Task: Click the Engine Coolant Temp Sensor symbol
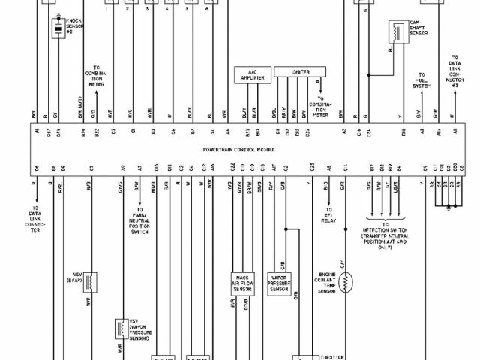click(347, 282)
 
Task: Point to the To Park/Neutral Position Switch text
click(140, 222)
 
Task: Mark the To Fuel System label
click(422, 80)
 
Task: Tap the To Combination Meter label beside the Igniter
click(323, 106)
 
